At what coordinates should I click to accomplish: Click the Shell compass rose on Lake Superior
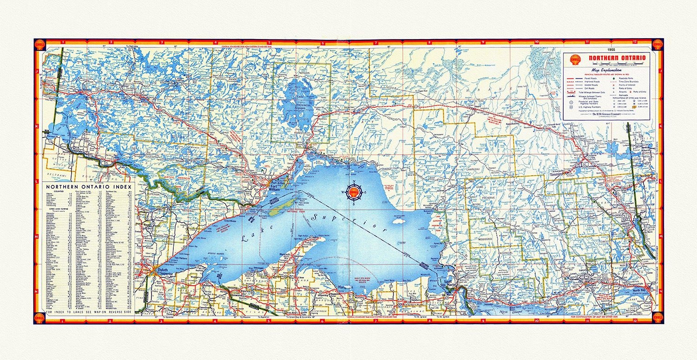click(x=355, y=191)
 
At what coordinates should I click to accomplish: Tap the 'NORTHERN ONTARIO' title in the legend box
click(x=617, y=58)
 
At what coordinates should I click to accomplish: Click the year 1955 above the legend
click(x=618, y=49)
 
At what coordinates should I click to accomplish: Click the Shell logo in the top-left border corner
click(x=40, y=45)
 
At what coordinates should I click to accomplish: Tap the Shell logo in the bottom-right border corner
click(x=657, y=317)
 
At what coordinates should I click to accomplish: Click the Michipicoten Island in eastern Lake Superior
click(x=397, y=221)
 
